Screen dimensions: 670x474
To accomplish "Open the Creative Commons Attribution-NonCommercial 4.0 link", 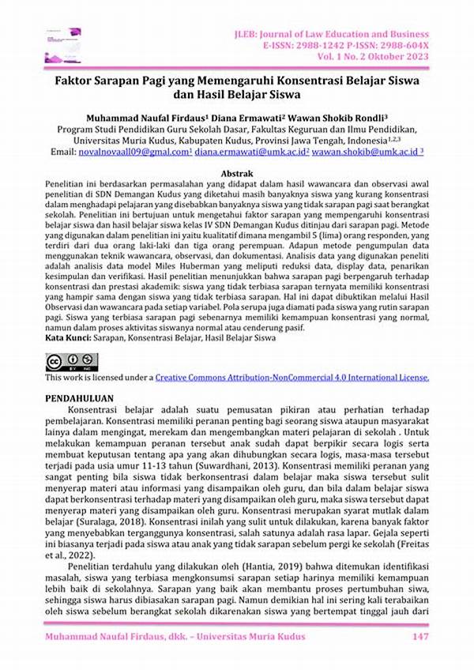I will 292,378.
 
